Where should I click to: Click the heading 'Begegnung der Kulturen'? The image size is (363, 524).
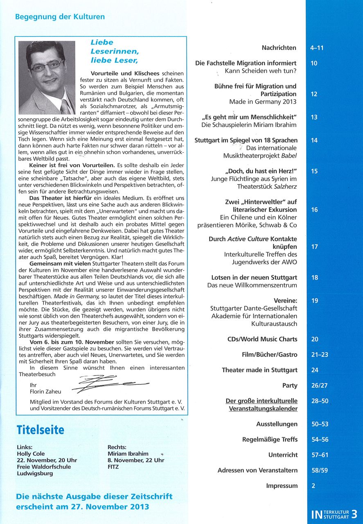(x=60, y=17)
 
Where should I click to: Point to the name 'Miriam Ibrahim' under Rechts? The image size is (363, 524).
(x=128, y=454)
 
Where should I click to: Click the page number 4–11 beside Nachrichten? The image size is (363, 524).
(x=317, y=48)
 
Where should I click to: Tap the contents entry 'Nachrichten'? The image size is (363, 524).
(x=279, y=48)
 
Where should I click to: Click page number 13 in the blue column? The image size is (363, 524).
(x=314, y=117)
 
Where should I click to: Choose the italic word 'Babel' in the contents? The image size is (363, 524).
(x=289, y=156)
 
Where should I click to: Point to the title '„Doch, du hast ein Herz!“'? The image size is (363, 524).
(x=261, y=171)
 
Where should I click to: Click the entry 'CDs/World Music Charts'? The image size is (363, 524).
(x=262, y=339)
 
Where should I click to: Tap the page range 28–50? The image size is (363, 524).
(x=320, y=401)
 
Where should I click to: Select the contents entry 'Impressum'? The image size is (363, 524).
(x=282, y=486)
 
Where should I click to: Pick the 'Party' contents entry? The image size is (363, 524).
(x=290, y=386)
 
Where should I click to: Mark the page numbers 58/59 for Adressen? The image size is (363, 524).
(x=320, y=470)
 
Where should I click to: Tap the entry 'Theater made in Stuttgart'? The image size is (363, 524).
(x=259, y=370)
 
